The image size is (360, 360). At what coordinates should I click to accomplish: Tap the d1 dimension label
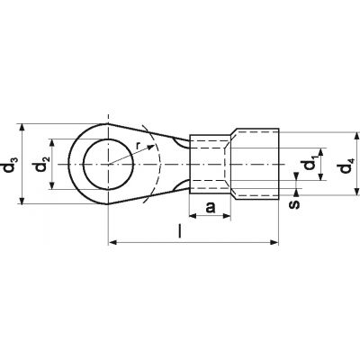[x=309, y=164]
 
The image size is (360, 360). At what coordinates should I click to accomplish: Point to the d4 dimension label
[x=346, y=165]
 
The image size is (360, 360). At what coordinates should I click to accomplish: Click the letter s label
[x=295, y=204]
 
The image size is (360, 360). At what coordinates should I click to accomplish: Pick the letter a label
[x=211, y=207]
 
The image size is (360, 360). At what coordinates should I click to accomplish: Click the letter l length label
[x=180, y=231]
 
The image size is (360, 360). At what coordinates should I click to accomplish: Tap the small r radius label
[x=138, y=146]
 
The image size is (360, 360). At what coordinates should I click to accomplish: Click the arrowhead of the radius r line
[x=152, y=148]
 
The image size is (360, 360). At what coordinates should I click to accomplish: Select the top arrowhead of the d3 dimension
[x=22, y=128]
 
